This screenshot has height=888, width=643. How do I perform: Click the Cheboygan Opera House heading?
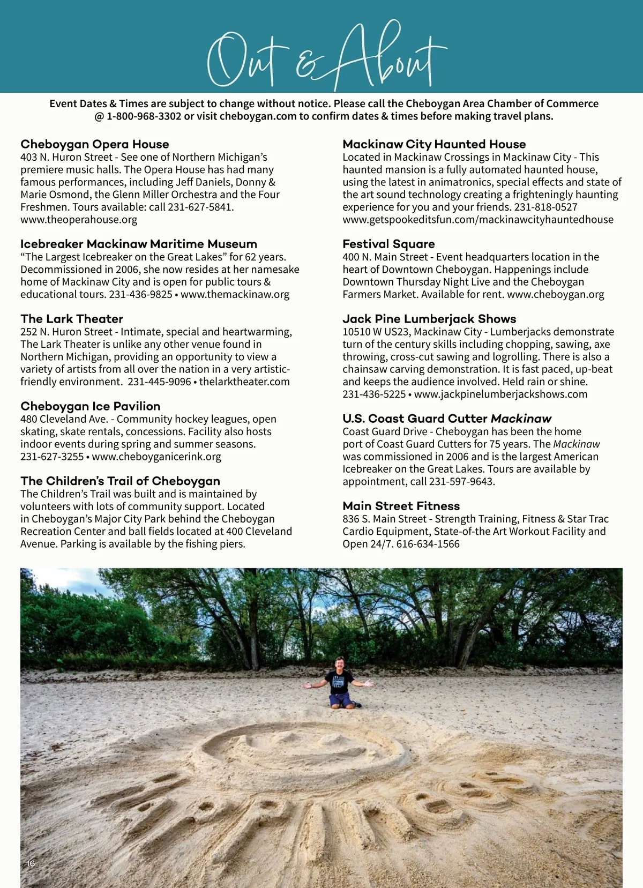(x=95, y=144)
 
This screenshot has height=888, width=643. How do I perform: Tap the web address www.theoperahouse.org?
(x=79, y=220)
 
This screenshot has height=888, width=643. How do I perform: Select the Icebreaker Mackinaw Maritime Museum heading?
(x=139, y=244)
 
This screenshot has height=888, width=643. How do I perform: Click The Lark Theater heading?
(x=72, y=319)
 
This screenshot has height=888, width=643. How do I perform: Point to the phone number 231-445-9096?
(x=159, y=382)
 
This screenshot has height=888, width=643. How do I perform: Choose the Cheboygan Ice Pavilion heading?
(x=91, y=406)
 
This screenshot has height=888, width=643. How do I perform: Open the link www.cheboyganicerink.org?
(x=156, y=457)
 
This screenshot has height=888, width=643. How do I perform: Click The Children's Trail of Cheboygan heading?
(x=121, y=481)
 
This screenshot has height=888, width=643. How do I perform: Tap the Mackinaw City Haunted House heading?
(x=434, y=144)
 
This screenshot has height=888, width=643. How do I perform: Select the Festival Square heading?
(x=388, y=244)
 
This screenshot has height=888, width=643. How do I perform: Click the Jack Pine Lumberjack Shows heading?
(x=429, y=319)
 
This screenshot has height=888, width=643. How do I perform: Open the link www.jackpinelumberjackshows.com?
(x=500, y=394)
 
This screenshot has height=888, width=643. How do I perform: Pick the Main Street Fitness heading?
(x=401, y=506)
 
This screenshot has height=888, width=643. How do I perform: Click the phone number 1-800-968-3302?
(x=144, y=116)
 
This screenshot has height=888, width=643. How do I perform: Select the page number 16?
(x=31, y=863)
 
